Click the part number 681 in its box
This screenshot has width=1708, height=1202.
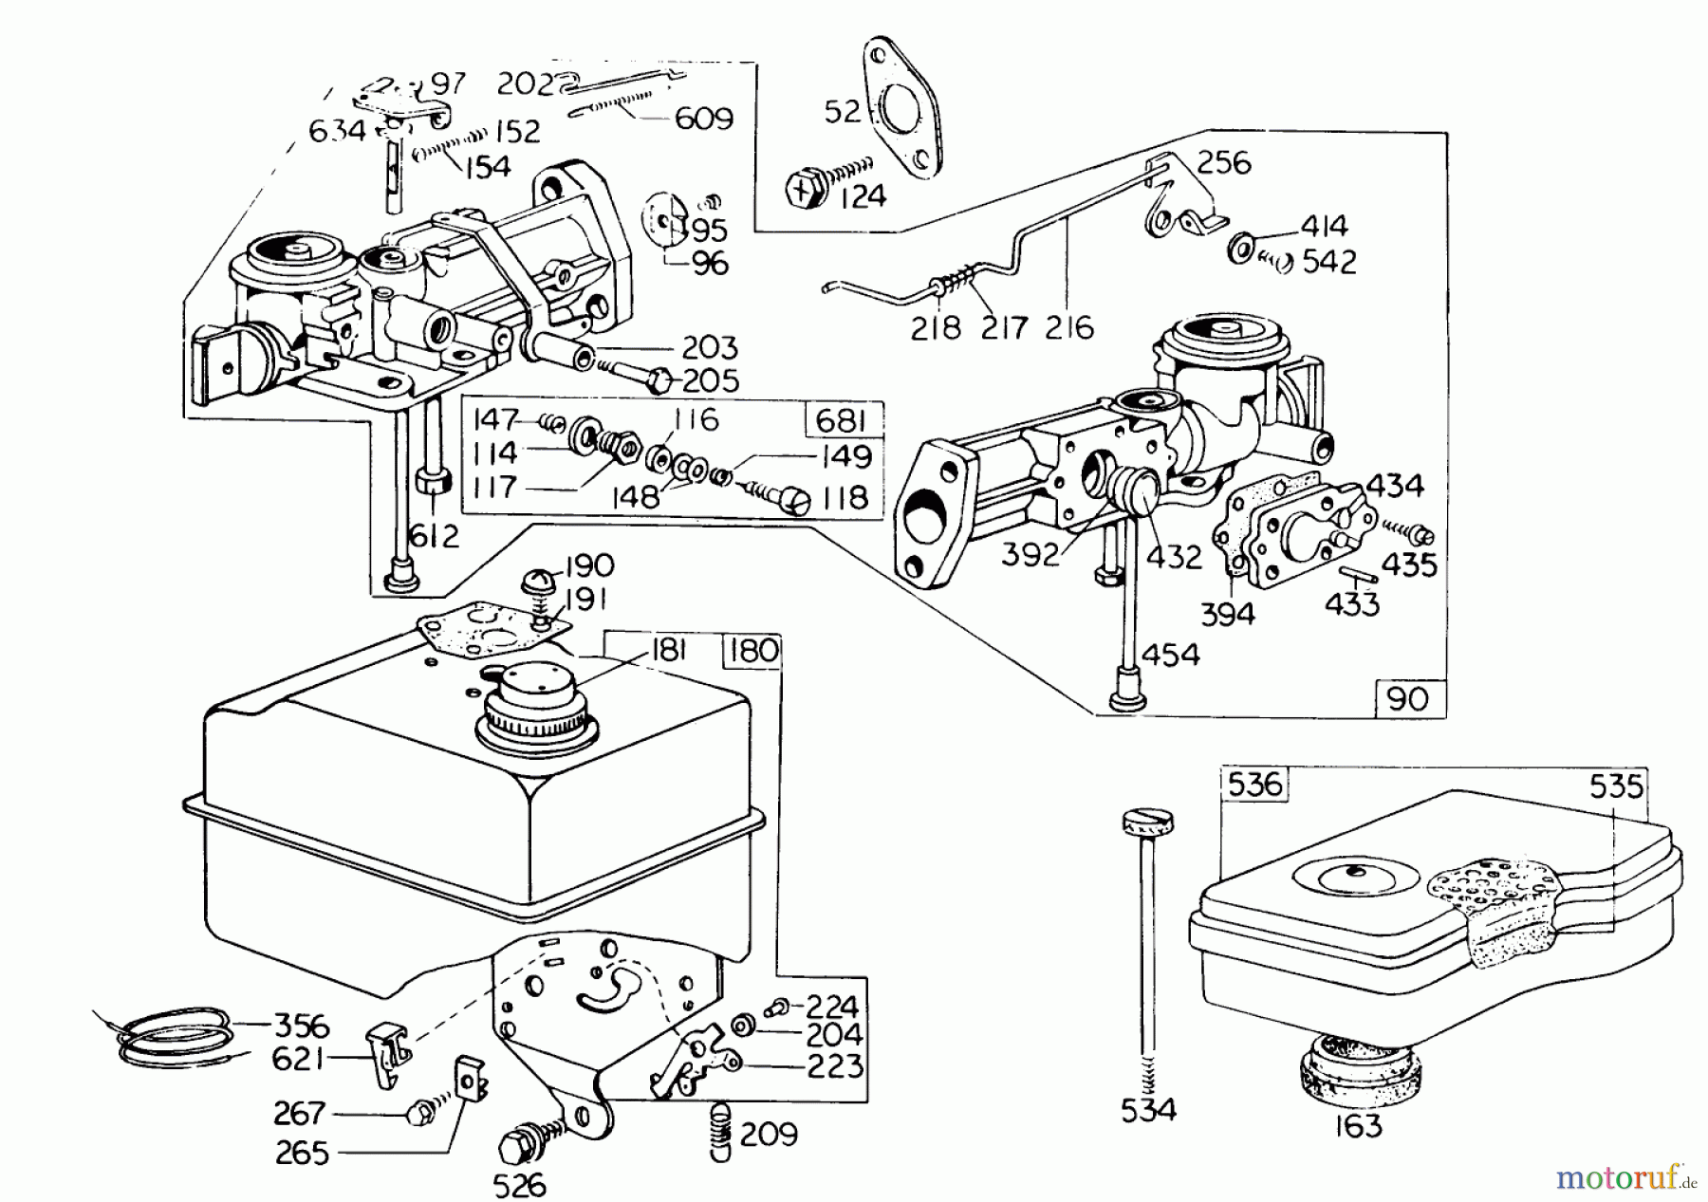(x=842, y=419)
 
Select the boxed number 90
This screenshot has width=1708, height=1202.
(x=1407, y=699)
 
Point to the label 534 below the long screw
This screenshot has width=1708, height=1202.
(x=1148, y=1109)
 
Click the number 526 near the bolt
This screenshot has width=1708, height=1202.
(x=520, y=1185)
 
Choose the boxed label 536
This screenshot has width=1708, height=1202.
(x=1254, y=785)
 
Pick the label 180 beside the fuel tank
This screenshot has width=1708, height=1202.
(x=754, y=651)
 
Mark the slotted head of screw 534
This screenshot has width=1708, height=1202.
(x=1145, y=821)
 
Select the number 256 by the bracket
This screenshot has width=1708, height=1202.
(x=1223, y=163)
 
